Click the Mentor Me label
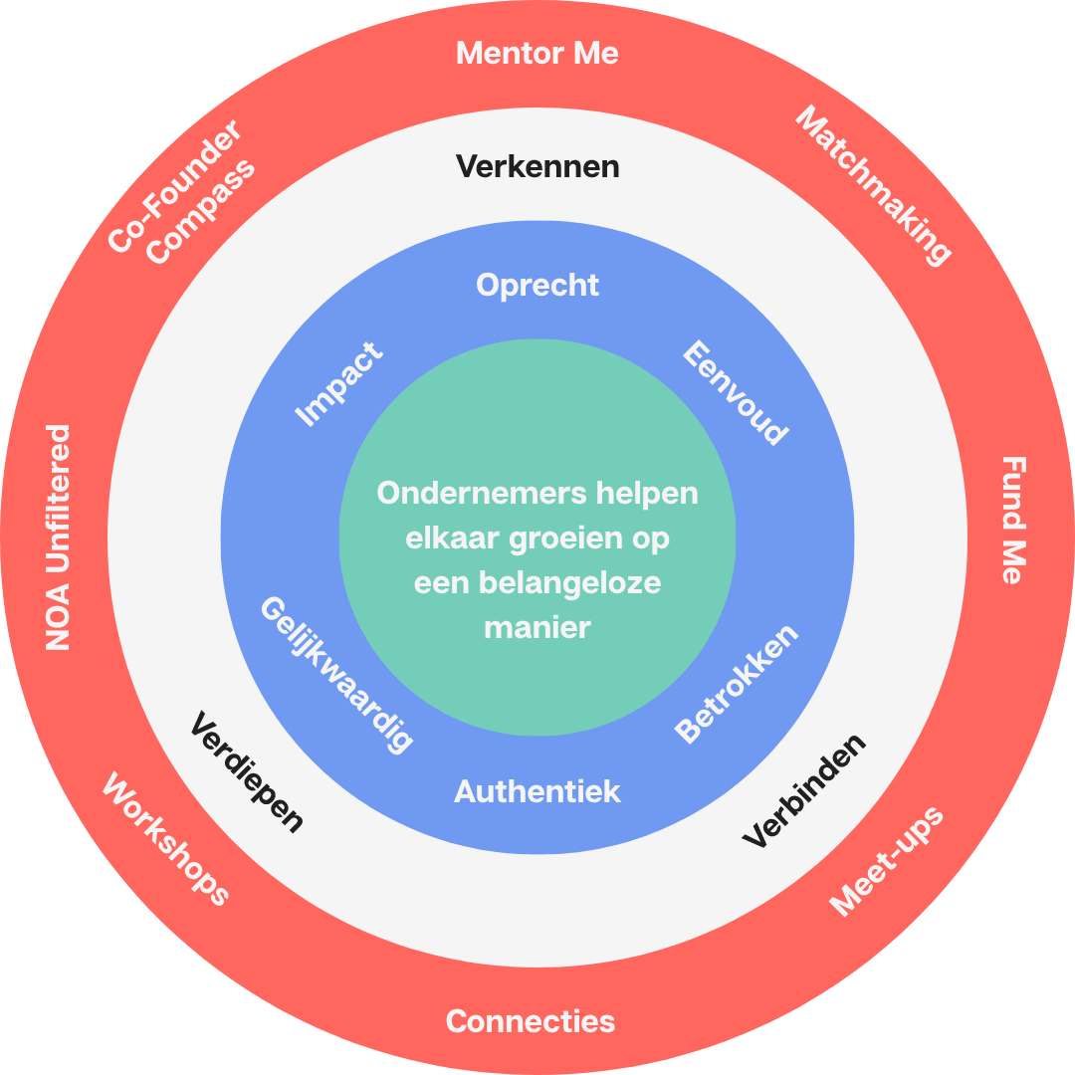pos(537,54)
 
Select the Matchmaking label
pos(873,185)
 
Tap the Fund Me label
pos(1014,520)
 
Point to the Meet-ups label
pos(887,861)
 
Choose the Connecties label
pos(530,1021)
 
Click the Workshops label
pos(165,838)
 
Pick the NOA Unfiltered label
pos(58,537)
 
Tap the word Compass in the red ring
pos(200,213)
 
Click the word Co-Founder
pos(175,186)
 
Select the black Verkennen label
pos(537,166)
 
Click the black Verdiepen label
pos(247,772)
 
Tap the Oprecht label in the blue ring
pos(537,286)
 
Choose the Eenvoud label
pos(736,392)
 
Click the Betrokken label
pos(737,684)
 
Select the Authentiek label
pos(537,791)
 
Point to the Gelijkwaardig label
pos(337,675)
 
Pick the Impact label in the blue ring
pos(338,384)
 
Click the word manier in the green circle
pos(537,628)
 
